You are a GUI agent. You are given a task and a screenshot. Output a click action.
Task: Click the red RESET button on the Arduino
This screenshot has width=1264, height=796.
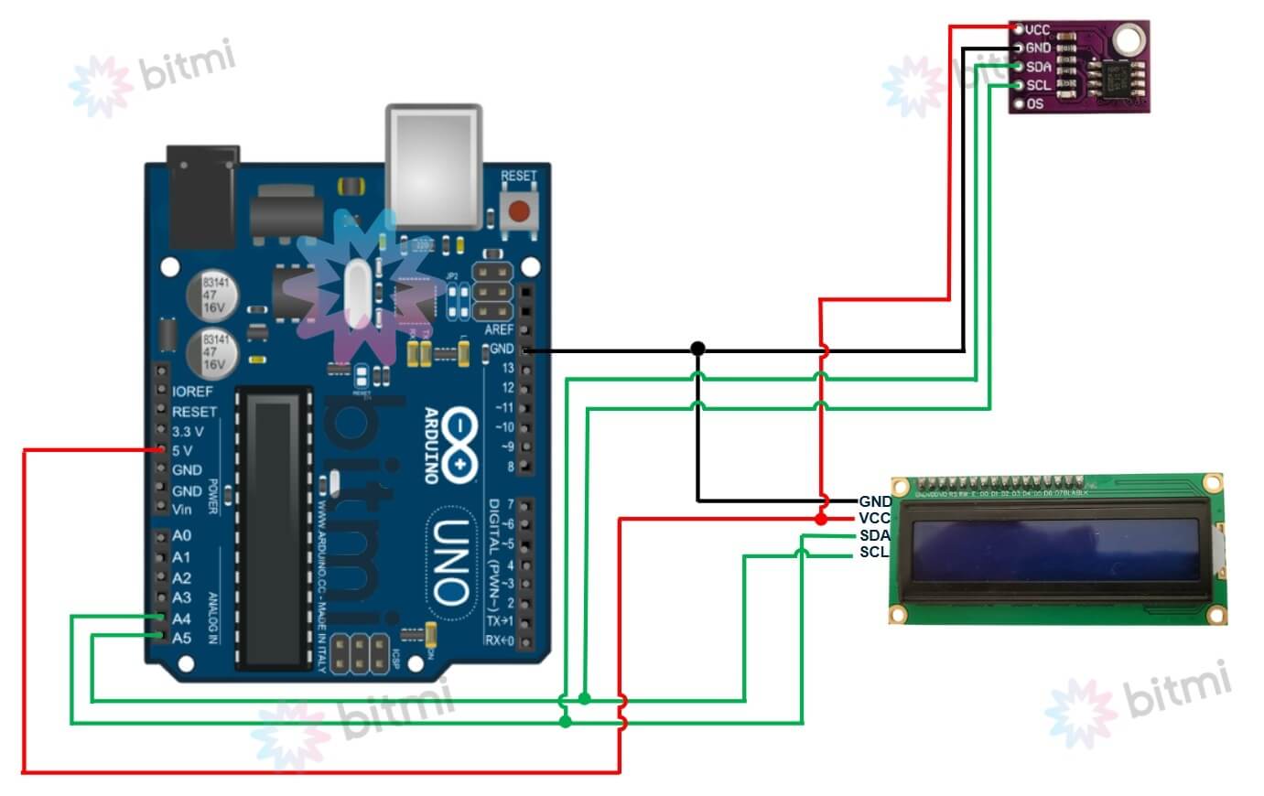(518, 212)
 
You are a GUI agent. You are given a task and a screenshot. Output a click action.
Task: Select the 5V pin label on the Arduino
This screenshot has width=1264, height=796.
(182, 450)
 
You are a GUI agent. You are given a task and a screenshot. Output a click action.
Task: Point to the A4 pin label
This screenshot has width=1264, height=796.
(181, 619)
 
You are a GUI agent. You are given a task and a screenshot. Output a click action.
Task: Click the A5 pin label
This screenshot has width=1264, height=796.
(181, 638)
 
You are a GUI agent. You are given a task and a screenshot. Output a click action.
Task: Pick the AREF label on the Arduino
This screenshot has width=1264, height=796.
(499, 328)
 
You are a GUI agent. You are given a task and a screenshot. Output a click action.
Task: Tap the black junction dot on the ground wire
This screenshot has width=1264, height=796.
(697, 349)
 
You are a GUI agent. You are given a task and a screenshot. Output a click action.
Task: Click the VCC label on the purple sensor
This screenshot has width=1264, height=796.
(1038, 30)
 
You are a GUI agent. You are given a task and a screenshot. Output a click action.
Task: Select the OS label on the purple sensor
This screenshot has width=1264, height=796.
(1035, 103)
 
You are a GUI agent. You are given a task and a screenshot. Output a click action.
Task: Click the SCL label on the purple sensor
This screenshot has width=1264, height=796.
(1039, 85)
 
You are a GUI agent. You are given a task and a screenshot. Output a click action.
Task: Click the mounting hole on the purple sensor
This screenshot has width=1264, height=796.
(1128, 39)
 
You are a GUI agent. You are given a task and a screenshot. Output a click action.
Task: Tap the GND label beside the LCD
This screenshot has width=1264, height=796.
(874, 501)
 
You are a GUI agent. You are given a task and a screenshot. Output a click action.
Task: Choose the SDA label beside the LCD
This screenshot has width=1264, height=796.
(874, 535)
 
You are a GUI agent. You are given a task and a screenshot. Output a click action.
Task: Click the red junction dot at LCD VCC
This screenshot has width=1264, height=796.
(821, 520)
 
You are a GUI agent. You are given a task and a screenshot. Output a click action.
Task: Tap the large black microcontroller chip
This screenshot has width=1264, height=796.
(274, 526)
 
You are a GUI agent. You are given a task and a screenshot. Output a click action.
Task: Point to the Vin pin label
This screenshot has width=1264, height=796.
(182, 510)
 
